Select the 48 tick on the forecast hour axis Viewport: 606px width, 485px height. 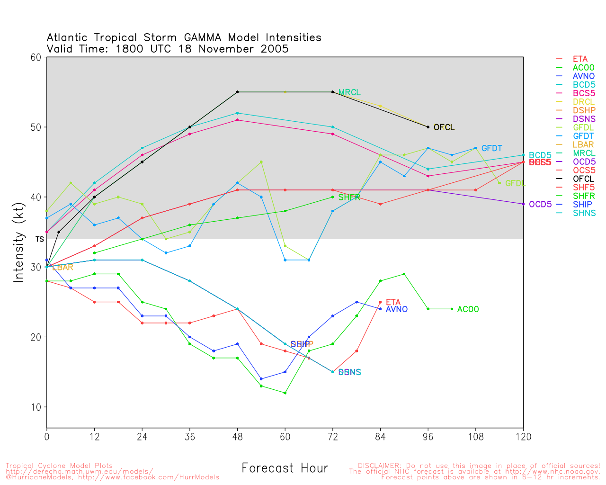[237, 437]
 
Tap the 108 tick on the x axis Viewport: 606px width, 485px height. [476, 437]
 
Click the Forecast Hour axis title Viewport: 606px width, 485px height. [285, 468]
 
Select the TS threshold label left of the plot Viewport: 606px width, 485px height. [39, 239]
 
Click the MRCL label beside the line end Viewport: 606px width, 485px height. [349, 92]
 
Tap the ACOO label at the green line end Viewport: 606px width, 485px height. [468, 310]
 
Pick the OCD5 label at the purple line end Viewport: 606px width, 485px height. [540, 205]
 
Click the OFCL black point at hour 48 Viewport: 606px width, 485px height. [237, 92]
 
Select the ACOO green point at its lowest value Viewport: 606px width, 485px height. [285, 393]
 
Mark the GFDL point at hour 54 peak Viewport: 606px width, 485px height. [261, 162]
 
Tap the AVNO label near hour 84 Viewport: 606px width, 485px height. [397, 310]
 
